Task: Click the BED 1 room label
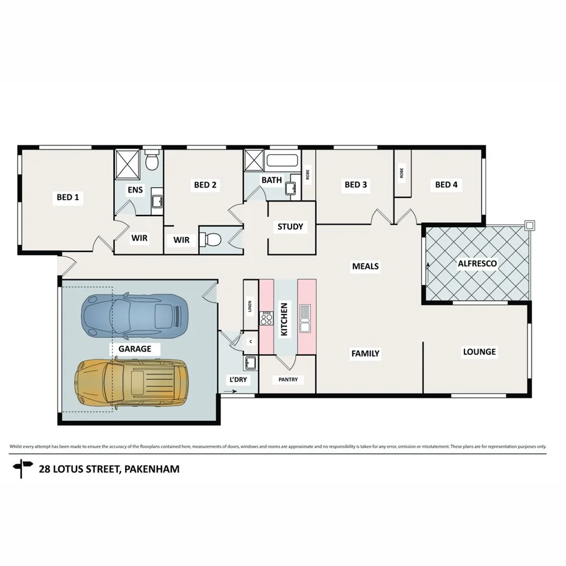(x=68, y=197)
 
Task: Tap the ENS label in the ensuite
(x=135, y=190)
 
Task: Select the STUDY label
(x=290, y=227)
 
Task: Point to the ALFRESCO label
(x=477, y=264)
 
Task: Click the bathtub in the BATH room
(x=282, y=162)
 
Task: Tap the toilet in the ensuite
(x=152, y=161)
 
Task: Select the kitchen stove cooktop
(x=266, y=318)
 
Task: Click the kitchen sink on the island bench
(x=305, y=317)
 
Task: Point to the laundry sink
(x=250, y=364)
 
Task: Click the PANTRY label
(x=288, y=380)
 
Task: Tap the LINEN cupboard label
(x=250, y=306)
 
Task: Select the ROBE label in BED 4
(x=401, y=172)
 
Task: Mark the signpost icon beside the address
(x=24, y=468)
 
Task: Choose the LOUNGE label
(x=479, y=352)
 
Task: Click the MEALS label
(x=366, y=266)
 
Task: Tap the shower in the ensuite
(x=128, y=163)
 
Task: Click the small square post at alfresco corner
(x=530, y=225)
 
